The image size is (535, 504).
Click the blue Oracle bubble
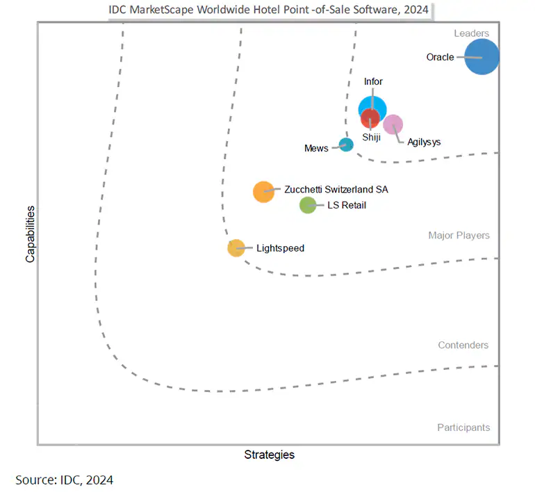[x=481, y=57]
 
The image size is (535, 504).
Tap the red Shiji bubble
[x=370, y=120]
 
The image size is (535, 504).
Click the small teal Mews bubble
[x=346, y=145]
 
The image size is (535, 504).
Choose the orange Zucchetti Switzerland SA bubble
[x=263, y=191]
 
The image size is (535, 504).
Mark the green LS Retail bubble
[x=308, y=205]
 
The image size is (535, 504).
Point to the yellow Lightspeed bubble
[x=236, y=247]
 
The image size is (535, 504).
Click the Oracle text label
[x=440, y=57]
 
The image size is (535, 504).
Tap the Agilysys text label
[x=424, y=142]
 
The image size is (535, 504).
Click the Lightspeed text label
[x=280, y=248]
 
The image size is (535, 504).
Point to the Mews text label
[x=316, y=148]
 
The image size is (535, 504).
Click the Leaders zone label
[x=472, y=33]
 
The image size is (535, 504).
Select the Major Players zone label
[x=459, y=236]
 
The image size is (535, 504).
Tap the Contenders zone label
[x=463, y=346]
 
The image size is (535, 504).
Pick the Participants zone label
[x=463, y=428]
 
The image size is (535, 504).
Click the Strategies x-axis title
[x=269, y=455]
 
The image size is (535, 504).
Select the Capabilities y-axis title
[x=30, y=232]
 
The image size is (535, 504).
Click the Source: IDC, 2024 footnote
[x=64, y=480]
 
